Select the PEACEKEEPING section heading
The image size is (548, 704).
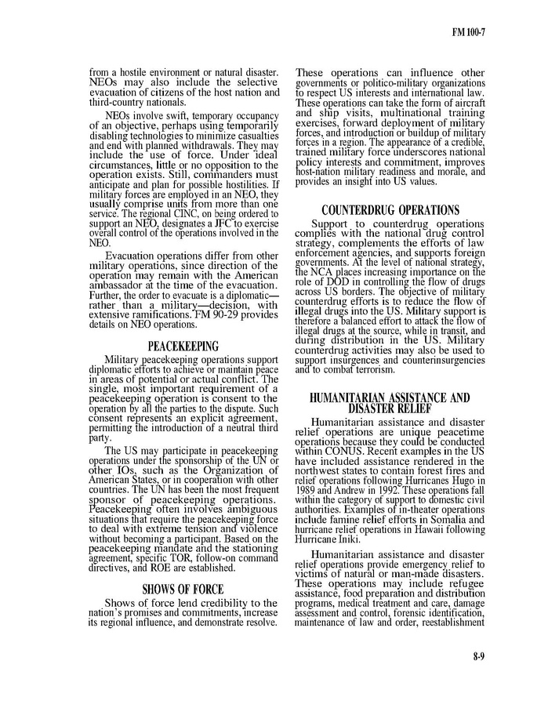tap(183, 346)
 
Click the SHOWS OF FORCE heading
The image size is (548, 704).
tap(183, 590)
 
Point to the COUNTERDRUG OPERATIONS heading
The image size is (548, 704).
tap(390, 210)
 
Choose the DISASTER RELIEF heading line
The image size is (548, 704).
tap(390, 408)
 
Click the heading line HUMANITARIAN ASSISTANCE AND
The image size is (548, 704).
tap(390, 397)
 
